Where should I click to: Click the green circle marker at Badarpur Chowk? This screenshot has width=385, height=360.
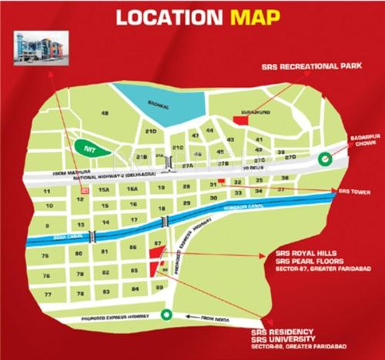click(325, 159)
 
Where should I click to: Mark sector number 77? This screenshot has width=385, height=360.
click(48, 295)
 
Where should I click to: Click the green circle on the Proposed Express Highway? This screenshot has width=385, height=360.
click(164, 314)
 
